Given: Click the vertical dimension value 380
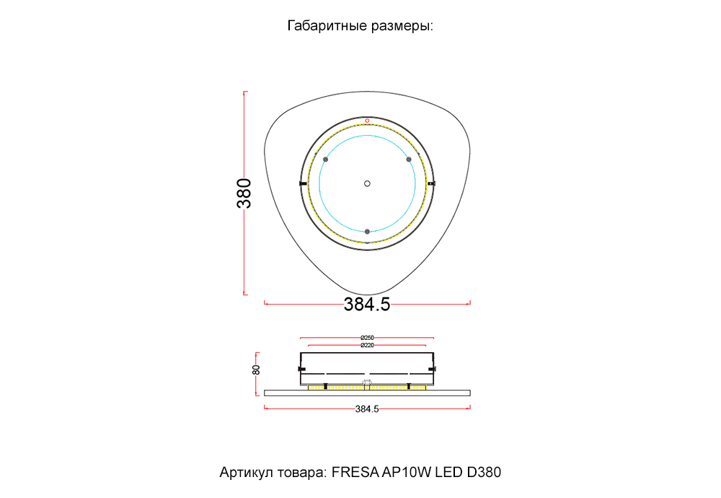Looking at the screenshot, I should [x=245, y=193].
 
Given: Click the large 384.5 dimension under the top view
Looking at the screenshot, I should [x=367, y=305].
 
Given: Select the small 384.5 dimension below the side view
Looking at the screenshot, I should [x=367, y=409].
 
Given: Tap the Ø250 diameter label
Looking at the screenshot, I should [x=367, y=337].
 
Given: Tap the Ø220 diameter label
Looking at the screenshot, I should [x=367, y=346].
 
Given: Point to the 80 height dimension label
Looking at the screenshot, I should [x=257, y=370].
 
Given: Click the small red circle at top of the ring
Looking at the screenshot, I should [x=367, y=120].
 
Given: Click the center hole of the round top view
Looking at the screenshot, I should [x=367, y=183].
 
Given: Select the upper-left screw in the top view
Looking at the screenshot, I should [x=325, y=159].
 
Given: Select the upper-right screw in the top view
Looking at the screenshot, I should [x=409, y=159].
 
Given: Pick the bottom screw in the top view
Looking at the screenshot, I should [x=367, y=231].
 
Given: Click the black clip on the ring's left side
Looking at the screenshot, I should [x=302, y=183].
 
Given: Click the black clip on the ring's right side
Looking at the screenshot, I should [x=431, y=183].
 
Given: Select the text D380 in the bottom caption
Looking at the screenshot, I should [x=484, y=473].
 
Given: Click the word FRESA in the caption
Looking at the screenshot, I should [x=353, y=473].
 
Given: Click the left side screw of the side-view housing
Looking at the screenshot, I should [x=301, y=368].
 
